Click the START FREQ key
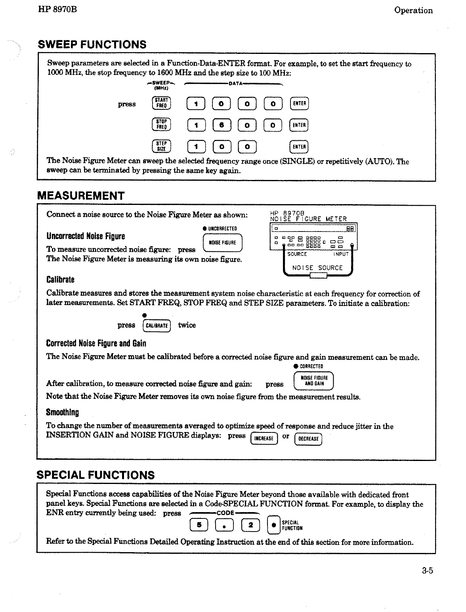click(161, 103)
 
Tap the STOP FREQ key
click(161, 124)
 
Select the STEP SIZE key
click(161, 146)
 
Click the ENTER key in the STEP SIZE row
click(299, 146)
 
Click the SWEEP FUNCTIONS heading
click(92, 44)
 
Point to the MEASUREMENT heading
click(81, 196)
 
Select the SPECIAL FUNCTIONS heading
click(95, 475)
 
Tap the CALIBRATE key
click(156, 326)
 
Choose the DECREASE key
click(308, 439)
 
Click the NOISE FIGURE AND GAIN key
click(313, 381)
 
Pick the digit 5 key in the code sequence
click(199, 525)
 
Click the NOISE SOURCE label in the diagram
click(317, 268)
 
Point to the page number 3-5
click(428, 571)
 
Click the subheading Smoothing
click(62, 412)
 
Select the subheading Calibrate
click(60, 280)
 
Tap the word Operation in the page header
click(413, 11)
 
